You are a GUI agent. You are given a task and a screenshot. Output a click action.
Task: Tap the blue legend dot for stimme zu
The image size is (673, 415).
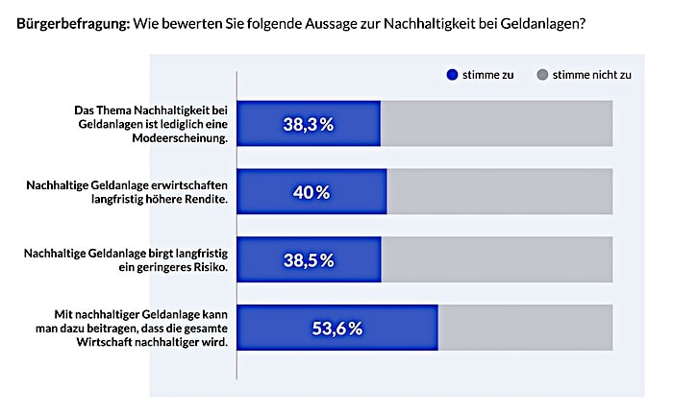(452, 74)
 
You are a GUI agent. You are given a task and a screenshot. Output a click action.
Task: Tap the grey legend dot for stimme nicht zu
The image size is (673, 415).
(542, 74)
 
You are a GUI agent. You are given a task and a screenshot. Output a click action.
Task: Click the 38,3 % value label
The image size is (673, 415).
(309, 124)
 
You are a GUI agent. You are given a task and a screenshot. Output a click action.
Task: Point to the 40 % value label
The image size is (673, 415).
(311, 192)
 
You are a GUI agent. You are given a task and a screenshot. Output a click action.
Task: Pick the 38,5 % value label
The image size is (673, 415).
(309, 260)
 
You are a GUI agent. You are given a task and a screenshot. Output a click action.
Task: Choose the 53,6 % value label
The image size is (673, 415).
(337, 329)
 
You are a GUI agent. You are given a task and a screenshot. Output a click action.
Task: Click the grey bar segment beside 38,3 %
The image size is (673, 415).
(496, 124)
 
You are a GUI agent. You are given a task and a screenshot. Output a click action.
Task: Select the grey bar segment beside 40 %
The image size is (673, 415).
(499, 192)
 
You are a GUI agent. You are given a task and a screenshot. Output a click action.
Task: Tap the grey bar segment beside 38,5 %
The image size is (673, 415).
(496, 260)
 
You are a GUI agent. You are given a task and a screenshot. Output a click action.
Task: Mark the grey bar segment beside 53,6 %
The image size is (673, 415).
(525, 329)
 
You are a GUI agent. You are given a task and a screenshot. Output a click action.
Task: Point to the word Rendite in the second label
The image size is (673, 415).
(205, 200)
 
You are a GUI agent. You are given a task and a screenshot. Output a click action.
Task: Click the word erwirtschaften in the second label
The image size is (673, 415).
(185, 185)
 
